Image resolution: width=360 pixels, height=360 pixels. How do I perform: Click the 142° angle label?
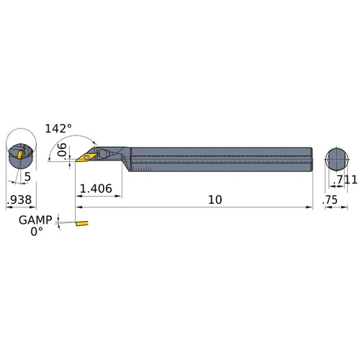click(58, 128)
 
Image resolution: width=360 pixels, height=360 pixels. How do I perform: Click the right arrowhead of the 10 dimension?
click(310, 207)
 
